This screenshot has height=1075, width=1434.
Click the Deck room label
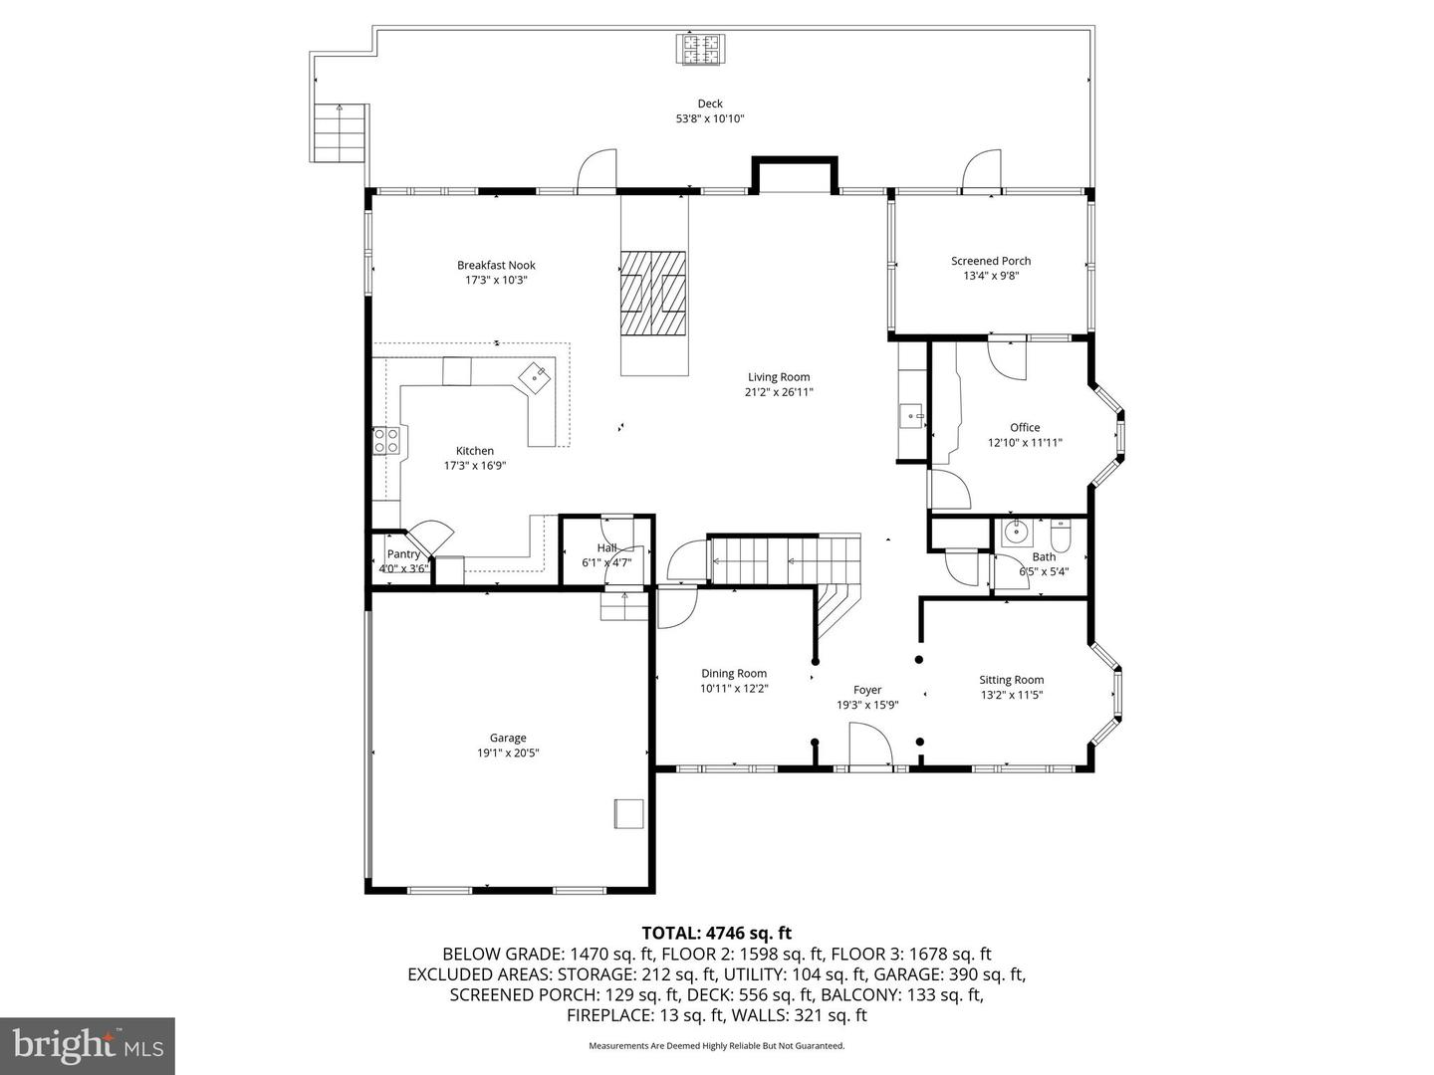pyautogui.click(x=709, y=104)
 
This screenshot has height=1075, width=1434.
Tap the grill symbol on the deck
pyautogui.click(x=701, y=50)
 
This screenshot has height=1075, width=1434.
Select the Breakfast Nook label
pyautogui.click(x=496, y=265)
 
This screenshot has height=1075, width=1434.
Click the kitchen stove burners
pyautogui.click(x=385, y=440)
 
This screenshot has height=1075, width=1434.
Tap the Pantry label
pyautogui.click(x=403, y=554)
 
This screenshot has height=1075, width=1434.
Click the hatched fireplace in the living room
pyautogui.click(x=653, y=293)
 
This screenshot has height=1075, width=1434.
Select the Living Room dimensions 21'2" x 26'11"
pyautogui.click(x=779, y=392)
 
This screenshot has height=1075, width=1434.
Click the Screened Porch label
pyautogui.click(x=991, y=261)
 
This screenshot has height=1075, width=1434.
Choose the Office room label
pyautogui.click(x=1025, y=428)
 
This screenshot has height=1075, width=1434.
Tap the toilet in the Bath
pyautogui.click(x=1061, y=536)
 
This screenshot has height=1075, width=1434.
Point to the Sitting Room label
pyautogui.click(x=1012, y=680)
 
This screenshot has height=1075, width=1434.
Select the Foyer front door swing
pyautogui.click(x=869, y=744)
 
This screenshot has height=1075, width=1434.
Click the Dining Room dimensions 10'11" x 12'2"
pyautogui.click(x=734, y=688)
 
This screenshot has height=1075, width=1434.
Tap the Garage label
pyautogui.click(x=508, y=738)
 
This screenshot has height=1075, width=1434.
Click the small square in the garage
pyautogui.click(x=628, y=814)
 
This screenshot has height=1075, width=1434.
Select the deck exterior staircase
pyautogui.click(x=340, y=133)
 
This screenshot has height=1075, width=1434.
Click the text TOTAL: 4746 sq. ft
pyautogui.click(x=717, y=933)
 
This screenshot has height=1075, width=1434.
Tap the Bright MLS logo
pyautogui.click(x=88, y=1045)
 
